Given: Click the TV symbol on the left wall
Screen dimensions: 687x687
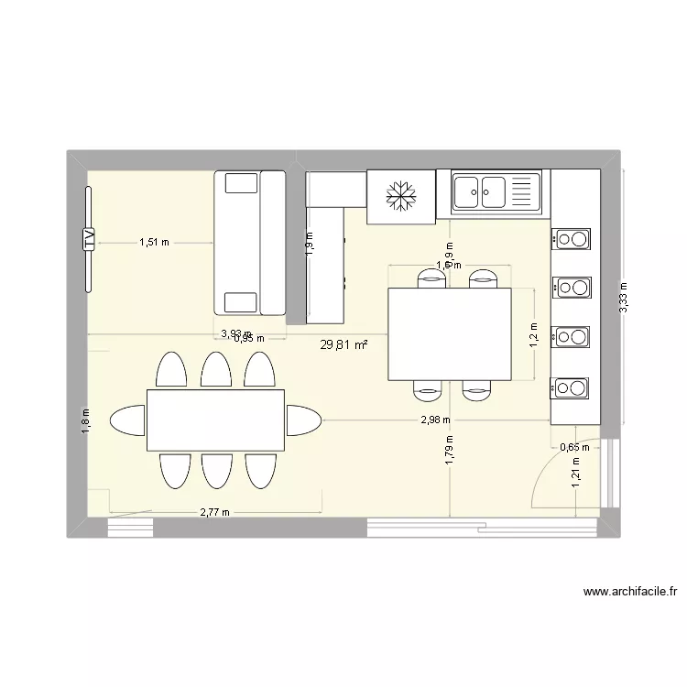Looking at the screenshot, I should [x=89, y=240].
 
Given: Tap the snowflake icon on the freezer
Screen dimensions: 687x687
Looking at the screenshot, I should [x=400, y=195].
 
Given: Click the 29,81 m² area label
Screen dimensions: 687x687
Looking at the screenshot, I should [x=343, y=345].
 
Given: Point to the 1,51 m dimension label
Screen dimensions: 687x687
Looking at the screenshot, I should [x=154, y=243].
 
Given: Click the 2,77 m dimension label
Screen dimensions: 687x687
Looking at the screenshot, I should [x=214, y=512].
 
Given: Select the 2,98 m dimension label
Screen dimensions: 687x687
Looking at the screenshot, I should [x=435, y=420].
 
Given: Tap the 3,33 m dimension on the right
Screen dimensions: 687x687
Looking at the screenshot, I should [x=623, y=297].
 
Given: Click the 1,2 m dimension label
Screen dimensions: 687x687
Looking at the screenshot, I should [x=534, y=334].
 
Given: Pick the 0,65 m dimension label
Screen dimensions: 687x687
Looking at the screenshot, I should [x=573, y=447].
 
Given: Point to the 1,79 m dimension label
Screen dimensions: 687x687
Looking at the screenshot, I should [x=449, y=451].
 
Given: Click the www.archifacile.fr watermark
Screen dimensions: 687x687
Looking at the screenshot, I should [x=627, y=593].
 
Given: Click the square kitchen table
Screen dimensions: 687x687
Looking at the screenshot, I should [x=449, y=333].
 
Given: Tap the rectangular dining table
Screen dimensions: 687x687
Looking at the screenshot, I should [x=215, y=420].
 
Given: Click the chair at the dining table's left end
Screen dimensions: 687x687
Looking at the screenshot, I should [x=126, y=420].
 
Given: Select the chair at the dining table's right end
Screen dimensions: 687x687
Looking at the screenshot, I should [x=303, y=420].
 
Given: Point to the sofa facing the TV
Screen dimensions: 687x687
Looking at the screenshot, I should [x=249, y=243].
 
